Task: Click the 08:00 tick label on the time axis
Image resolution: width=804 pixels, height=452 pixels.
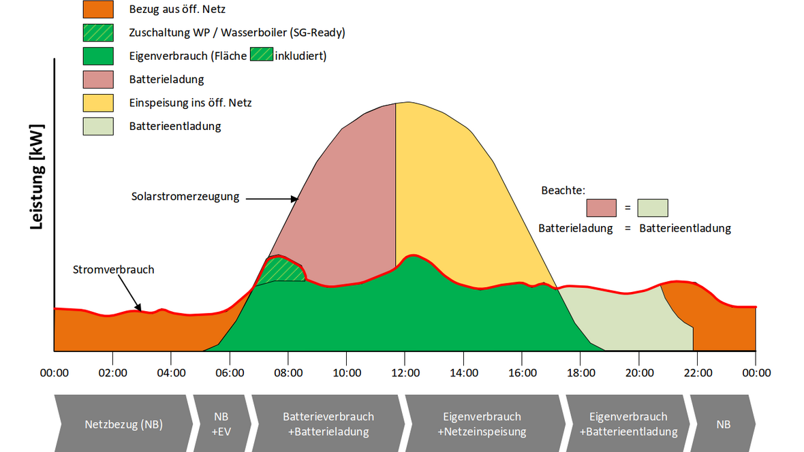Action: (288, 372)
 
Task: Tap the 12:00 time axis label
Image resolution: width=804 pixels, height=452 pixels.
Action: (405, 372)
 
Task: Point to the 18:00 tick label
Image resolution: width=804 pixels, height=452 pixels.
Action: (580, 372)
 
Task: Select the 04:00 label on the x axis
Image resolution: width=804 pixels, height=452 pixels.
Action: (171, 372)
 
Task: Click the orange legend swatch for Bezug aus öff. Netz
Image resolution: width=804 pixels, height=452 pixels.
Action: (97, 10)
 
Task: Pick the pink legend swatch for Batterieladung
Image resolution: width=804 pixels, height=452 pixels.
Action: (97, 80)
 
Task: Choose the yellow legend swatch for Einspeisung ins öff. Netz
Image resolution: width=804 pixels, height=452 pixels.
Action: (97, 103)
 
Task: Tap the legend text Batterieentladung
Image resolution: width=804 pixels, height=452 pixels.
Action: (175, 126)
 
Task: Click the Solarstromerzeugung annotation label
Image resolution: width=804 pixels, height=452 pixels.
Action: (185, 197)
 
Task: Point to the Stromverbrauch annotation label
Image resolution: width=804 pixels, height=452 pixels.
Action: (114, 270)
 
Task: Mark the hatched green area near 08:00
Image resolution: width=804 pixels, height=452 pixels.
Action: (279, 269)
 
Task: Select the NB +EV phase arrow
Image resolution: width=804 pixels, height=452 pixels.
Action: (221, 423)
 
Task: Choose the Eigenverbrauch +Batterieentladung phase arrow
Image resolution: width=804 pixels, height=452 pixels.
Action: (628, 423)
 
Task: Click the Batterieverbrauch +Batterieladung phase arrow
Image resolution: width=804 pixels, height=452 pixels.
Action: (328, 423)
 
